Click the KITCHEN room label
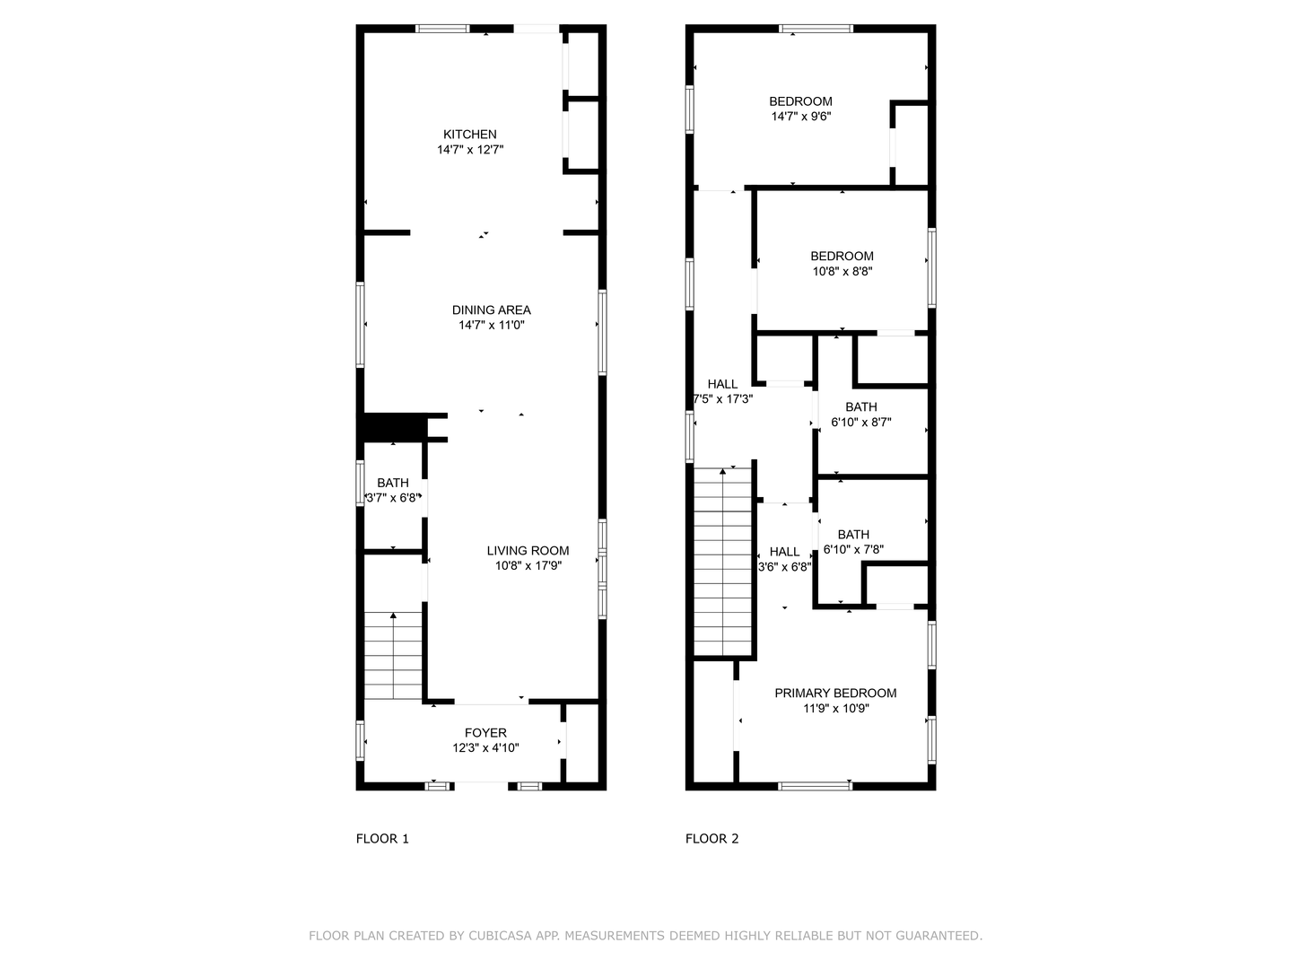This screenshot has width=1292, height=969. (x=469, y=135)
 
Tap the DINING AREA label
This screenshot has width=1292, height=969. (x=491, y=310)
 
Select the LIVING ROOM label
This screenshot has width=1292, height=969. (x=528, y=551)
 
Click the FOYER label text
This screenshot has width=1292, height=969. (x=485, y=733)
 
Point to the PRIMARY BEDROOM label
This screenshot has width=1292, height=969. (x=835, y=693)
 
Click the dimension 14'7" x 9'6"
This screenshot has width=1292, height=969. (x=800, y=117)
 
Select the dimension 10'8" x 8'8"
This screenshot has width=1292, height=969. (x=842, y=271)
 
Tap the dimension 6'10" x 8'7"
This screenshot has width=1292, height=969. (x=860, y=422)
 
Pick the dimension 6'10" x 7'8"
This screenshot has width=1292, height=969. (x=853, y=549)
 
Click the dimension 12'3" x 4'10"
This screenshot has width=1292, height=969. (x=485, y=748)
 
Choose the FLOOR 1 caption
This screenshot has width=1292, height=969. (x=382, y=839)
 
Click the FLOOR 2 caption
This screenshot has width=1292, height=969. (x=711, y=839)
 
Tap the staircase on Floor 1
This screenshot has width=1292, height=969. (x=393, y=655)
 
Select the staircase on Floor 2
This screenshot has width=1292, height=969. (x=722, y=561)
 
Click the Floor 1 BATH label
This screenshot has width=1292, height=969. (x=392, y=483)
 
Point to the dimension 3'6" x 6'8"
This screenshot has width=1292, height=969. (x=784, y=567)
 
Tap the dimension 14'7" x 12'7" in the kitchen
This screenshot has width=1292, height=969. (x=469, y=150)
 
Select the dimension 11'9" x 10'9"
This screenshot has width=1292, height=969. (x=835, y=708)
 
